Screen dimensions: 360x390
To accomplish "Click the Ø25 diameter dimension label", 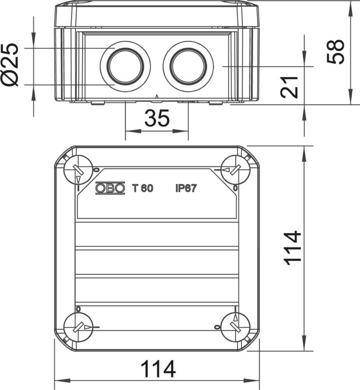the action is point(10,65).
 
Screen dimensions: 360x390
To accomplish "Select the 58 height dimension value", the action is point(336,52).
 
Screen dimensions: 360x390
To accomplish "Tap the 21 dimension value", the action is point(289,87).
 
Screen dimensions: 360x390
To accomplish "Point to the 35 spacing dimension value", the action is point(157,118).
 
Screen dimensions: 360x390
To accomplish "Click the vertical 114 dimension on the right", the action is point(293,248).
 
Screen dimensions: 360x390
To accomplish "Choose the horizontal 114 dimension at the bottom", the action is point(158,369).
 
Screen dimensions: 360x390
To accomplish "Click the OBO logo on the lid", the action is point(110,188).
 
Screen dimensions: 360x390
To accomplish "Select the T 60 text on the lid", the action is point(143,188).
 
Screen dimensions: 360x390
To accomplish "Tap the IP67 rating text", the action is point(186,188).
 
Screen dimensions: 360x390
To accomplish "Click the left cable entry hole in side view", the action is point(125,66).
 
